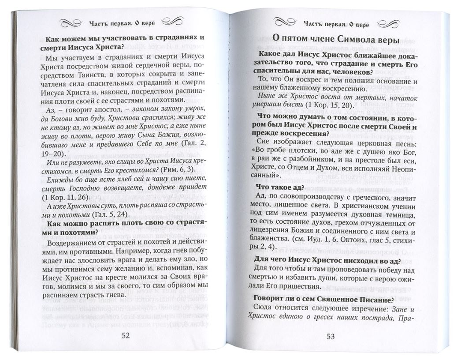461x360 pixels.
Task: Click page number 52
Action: click(x=125, y=335)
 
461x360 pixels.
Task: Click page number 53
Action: click(x=331, y=337)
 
